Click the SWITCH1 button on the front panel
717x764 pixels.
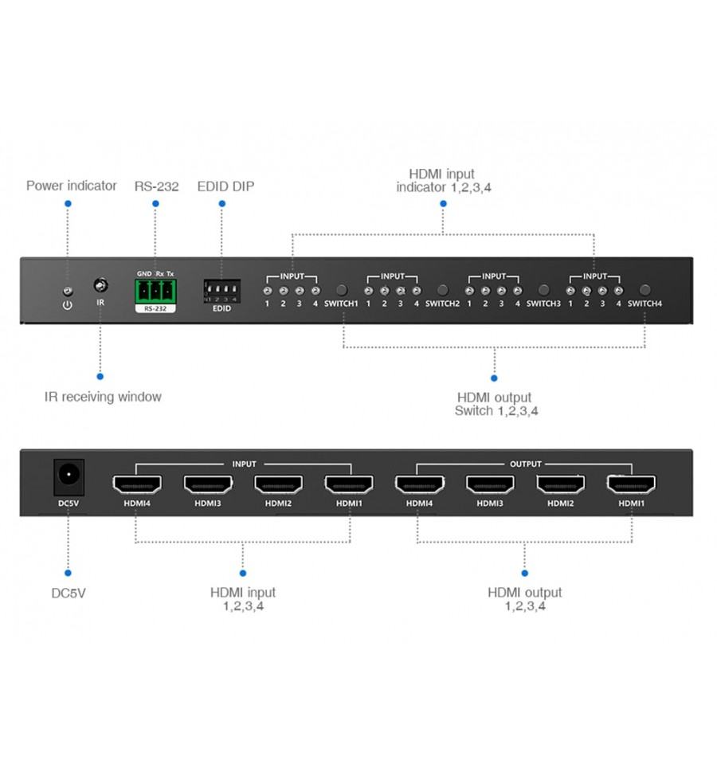342,290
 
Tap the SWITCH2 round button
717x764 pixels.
443,290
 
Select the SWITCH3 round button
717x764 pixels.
544,290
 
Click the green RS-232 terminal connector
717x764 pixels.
155,292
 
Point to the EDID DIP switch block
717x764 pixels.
222,291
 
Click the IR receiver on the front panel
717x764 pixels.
101,285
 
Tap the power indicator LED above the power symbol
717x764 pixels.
69,292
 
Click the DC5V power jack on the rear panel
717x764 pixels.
69,477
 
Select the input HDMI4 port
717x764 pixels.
137,484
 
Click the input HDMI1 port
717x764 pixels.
349,484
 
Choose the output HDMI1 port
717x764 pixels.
631,484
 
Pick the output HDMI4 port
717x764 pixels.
419,484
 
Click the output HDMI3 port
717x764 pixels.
490,484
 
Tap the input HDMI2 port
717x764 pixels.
278,484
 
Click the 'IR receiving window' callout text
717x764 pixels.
103,397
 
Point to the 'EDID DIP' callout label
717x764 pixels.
225,186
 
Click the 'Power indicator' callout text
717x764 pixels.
71,186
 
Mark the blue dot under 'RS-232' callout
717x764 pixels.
155,204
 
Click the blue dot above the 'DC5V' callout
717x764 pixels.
68,573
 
